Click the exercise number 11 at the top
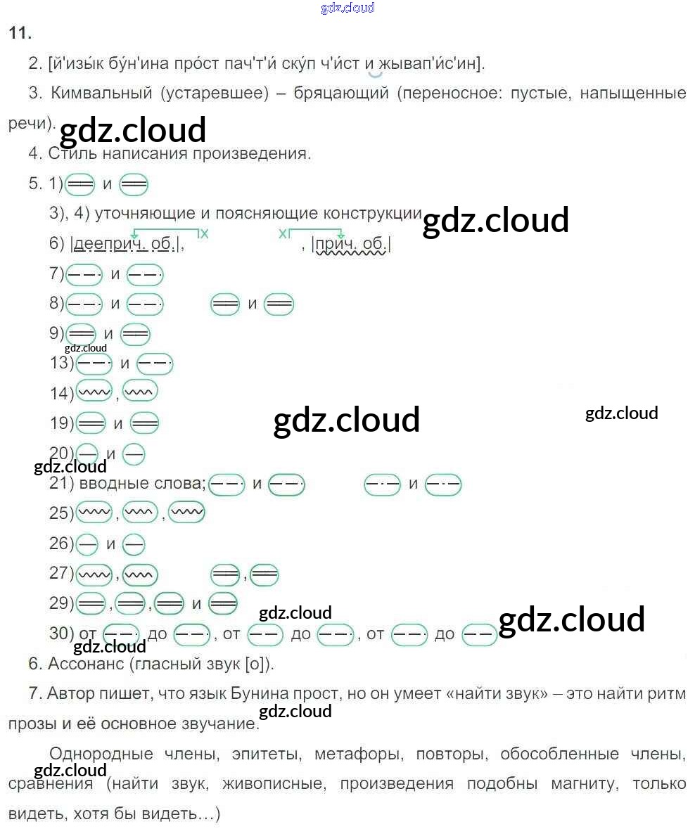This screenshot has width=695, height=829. tap(19, 33)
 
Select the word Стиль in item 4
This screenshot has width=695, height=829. tap(66, 153)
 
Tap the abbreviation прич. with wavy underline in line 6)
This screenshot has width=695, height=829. tap(336, 244)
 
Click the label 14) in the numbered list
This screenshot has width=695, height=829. tap(61, 393)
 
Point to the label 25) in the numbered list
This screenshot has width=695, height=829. tap(61, 513)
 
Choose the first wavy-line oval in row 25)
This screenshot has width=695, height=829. tap(94, 513)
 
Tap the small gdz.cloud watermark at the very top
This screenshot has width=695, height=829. tap(347, 8)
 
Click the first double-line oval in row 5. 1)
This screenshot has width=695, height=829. tap(79, 184)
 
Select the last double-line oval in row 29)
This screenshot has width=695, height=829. tap(223, 603)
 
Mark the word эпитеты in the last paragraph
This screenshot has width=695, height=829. tap(260, 754)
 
